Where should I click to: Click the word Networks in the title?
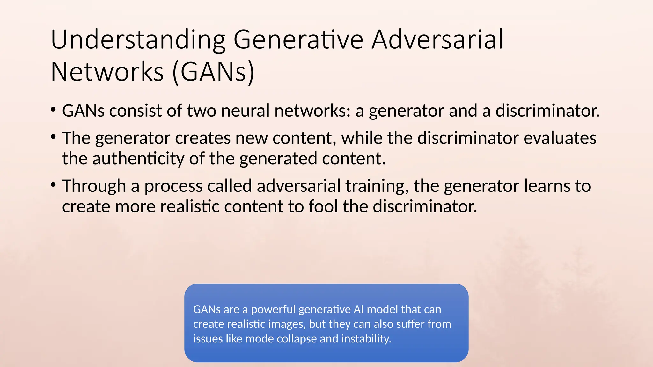coord(107,72)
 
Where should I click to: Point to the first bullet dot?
coord(53,110)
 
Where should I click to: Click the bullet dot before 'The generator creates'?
coord(53,137)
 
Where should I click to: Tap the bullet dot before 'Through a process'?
coord(53,185)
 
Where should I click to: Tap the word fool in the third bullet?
coord(323,206)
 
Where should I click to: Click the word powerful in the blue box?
coord(273,309)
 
